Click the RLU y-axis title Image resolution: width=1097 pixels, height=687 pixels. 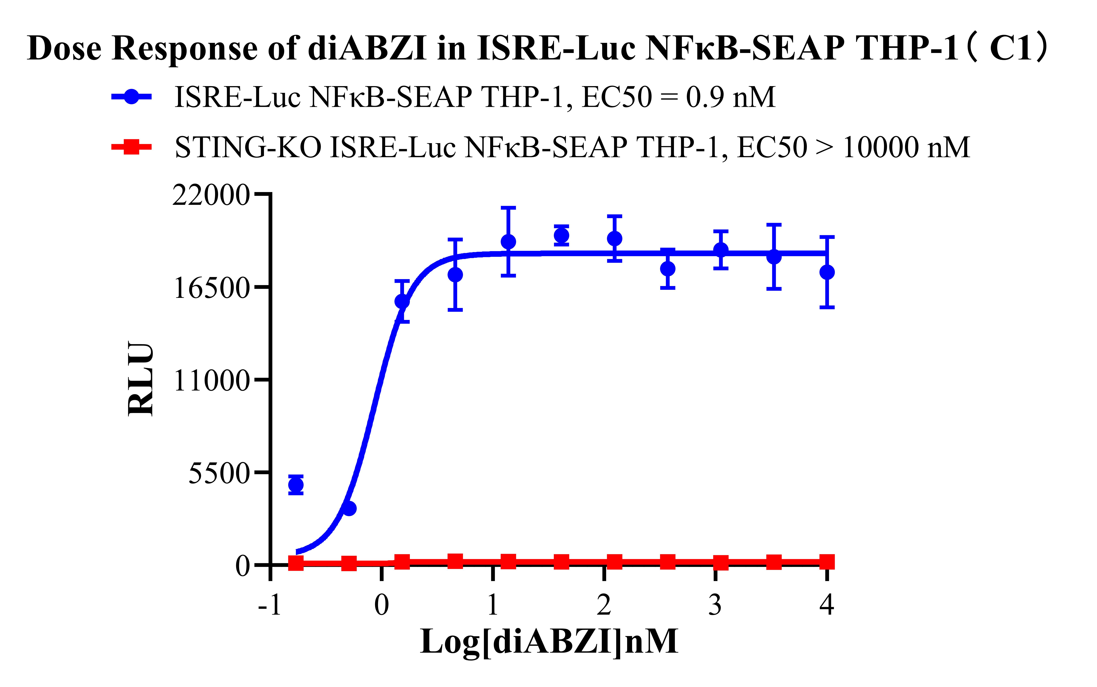(x=140, y=379)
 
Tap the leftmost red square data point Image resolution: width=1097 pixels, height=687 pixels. (x=296, y=563)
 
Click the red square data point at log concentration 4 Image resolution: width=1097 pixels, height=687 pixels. (x=827, y=562)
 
